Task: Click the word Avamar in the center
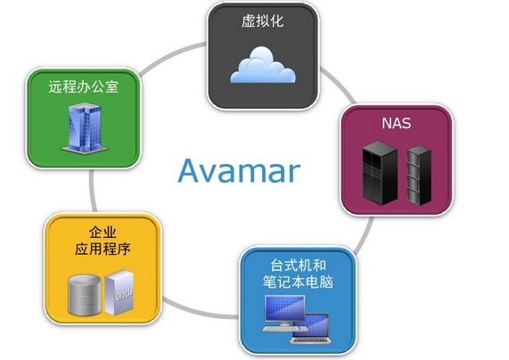tap(239, 171)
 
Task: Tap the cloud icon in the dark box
tap(263, 65)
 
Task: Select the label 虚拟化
tap(262, 21)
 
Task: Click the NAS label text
tap(396, 123)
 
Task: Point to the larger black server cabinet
tap(380, 173)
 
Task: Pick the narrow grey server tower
tap(419, 176)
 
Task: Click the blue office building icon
tap(85, 128)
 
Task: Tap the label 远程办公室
tap(84, 86)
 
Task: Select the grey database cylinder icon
tap(85, 295)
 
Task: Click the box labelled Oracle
tap(119, 292)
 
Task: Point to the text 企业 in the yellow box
tap(103, 233)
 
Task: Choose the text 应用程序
tap(103, 249)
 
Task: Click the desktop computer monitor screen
tap(284, 308)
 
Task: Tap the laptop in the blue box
tap(311, 329)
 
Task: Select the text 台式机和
tap(298, 266)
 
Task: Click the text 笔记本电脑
tap(298, 282)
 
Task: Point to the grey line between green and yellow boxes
tap(93, 190)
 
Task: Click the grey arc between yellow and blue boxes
tap(199, 311)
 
